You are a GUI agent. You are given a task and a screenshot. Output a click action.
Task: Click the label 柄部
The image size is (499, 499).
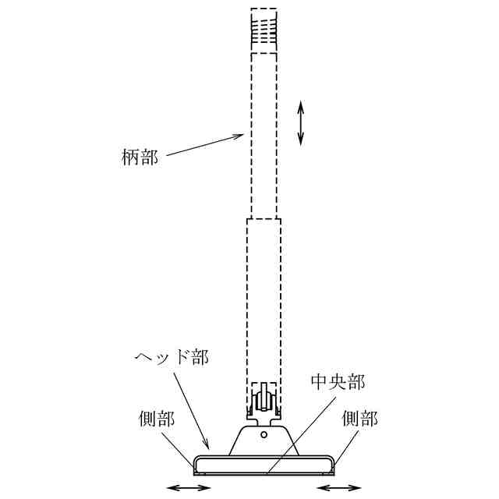(141, 157)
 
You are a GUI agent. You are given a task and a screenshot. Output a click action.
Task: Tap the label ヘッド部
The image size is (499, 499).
(174, 359)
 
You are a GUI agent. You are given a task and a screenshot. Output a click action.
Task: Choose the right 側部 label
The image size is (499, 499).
(359, 419)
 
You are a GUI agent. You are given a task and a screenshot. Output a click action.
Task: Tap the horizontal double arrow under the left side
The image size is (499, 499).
(189, 488)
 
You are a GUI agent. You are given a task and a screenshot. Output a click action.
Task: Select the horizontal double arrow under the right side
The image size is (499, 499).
(337, 488)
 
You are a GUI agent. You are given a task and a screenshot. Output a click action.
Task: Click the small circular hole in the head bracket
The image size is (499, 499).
(264, 434)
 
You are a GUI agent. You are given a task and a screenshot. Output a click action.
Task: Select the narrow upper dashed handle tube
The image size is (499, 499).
(264, 136)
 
